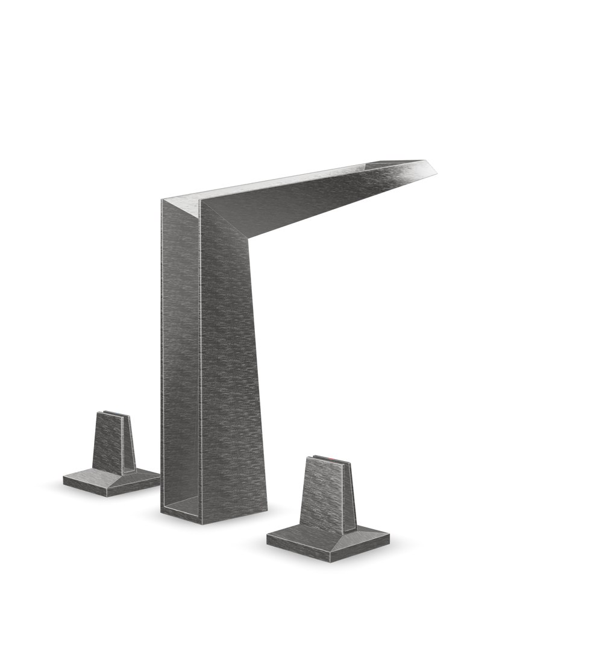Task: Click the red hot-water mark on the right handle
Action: tap(331, 459)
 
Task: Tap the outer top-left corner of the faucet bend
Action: tap(161, 200)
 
